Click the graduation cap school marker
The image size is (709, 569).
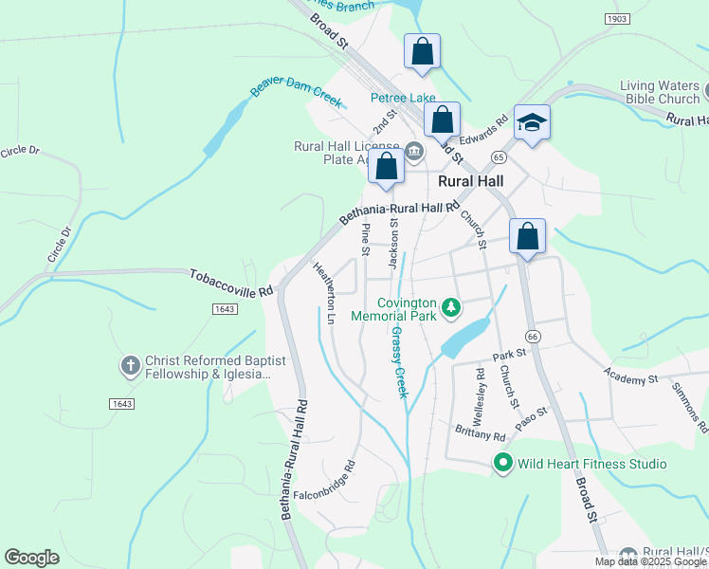click(532, 123)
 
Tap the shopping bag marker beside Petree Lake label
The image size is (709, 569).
click(441, 120)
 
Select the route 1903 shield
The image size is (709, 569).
click(616, 19)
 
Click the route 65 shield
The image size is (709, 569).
click(500, 156)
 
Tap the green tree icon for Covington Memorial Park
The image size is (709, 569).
click(453, 306)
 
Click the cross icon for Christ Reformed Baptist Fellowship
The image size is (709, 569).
click(131, 363)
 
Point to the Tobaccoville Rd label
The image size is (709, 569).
click(231, 283)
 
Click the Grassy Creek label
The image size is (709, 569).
click(398, 361)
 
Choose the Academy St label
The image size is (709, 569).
click(632, 378)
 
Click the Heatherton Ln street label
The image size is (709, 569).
click(324, 294)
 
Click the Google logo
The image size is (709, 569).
click(31, 558)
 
